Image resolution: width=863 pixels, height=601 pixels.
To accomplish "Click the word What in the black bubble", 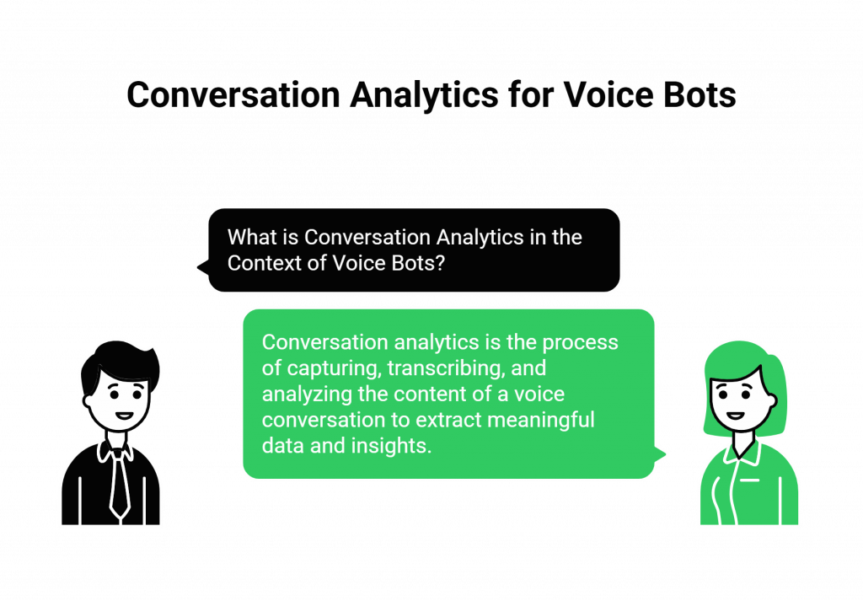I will click(x=251, y=237).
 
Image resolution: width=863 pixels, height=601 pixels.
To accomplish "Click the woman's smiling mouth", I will click(x=735, y=416).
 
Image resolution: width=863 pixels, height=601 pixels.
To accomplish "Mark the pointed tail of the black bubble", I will click(x=199, y=267).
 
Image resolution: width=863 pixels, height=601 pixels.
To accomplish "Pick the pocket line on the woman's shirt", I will click(x=750, y=481).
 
